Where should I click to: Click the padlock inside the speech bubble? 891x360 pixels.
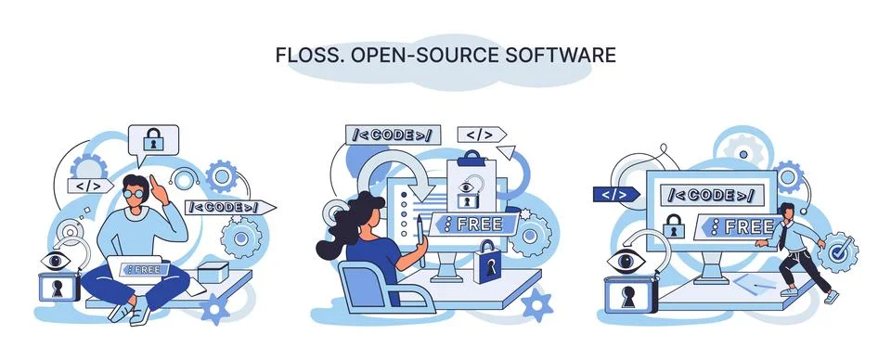coord(153,142)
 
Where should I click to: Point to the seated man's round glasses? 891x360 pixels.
coord(136,192)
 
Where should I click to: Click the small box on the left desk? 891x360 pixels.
coord(211,272)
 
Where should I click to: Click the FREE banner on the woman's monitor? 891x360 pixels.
coord(471,224)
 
